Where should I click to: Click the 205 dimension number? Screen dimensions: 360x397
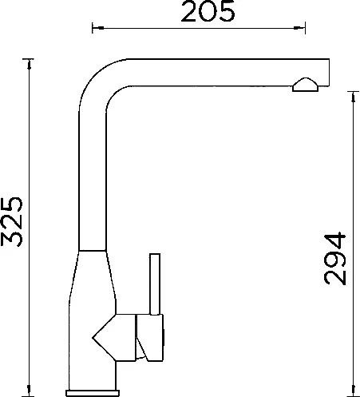pos(208,11)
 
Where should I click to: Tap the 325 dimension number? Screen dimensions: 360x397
pos(12,221)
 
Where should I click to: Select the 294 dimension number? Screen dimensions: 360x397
pos(334,259)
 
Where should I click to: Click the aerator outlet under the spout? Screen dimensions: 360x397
pos(305,85)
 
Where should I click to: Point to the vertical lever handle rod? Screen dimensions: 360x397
pos(155,284)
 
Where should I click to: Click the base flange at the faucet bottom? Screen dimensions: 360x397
pos(93,393)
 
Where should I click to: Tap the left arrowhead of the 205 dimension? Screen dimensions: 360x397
pos(97,28)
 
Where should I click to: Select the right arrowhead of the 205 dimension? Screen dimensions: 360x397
pos(299,28)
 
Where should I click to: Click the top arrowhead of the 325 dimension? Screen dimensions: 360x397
pos(29,65)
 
